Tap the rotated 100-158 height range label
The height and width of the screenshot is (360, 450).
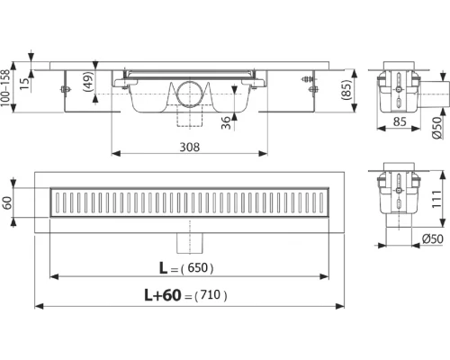(9, 90)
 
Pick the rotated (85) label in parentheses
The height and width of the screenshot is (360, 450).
(345, 89)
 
